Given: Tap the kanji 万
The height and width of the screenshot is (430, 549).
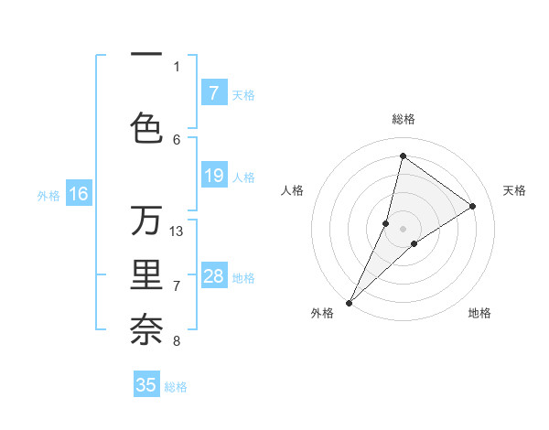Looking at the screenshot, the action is click(x=146, y=220).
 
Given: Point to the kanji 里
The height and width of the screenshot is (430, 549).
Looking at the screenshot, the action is click(x=146, y=276).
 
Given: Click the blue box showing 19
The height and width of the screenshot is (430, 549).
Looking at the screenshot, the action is click(x=213, y=176).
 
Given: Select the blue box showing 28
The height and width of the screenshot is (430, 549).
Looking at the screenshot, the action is click(x=213, y=276).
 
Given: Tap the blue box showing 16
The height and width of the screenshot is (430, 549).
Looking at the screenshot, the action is click(x=79, y=194).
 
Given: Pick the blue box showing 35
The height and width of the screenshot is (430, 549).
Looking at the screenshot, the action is click(x=146, y=385).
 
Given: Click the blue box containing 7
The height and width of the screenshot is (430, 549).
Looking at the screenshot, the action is click(x=213, y=93).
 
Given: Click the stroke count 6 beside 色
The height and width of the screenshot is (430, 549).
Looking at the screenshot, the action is click(x=177, y=139).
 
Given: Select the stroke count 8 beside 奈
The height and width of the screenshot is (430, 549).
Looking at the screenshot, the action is click(x=177, y=341).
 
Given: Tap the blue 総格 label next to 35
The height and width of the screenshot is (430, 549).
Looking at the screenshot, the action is click(x=176, y=387).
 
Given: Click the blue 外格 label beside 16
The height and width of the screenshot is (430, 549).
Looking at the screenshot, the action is click(x=48, y=195).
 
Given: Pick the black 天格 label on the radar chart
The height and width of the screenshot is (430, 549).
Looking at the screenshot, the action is click(x=514, y=190).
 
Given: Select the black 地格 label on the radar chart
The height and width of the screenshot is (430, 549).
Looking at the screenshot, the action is click(x=479, y=313).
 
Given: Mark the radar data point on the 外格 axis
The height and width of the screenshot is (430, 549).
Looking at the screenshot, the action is click(x=350, y=302).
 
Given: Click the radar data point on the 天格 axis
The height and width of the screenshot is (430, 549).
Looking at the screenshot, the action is click(x=472, y=207).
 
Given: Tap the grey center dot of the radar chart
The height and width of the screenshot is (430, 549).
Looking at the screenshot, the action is click(x=403, y=229).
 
